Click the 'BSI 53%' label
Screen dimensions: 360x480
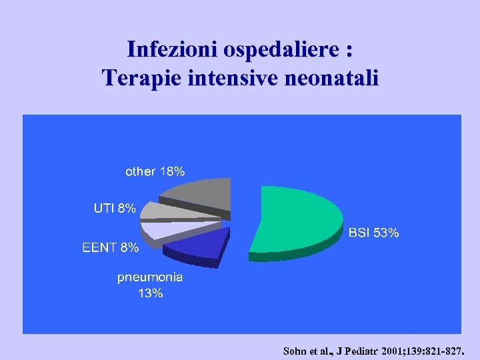[x=374, y=233]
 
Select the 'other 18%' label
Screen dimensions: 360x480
[x=155, y=171]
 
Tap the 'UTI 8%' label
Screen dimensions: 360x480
[x=115, y=208]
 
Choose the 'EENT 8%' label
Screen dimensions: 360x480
[x=111, y=248]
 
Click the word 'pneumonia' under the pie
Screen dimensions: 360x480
[x=150, y=277]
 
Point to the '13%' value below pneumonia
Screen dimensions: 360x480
[x=150, y=293]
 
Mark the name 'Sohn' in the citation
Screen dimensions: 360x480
[x=296, y=349]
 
